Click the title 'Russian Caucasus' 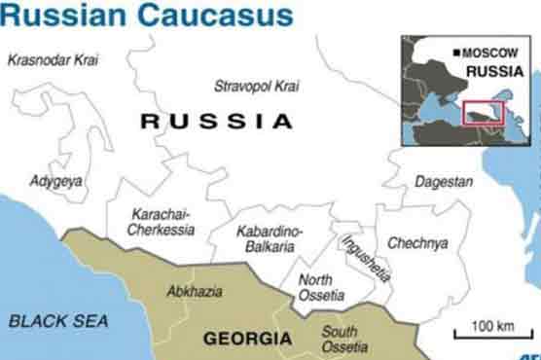[x=145, y=15]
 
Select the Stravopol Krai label [x=257, y=86]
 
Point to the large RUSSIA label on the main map [x=216, y=122]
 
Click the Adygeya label [x=56, y=181]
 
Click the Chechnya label [x=417, y=242]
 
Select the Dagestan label [x=444, y=182]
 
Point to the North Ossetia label [x=321, y=287]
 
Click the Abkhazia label [x=195, y=291]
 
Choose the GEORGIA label [x=246, y=339]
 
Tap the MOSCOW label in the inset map [x=491, y=52]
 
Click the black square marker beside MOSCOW [x=456, y=52]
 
